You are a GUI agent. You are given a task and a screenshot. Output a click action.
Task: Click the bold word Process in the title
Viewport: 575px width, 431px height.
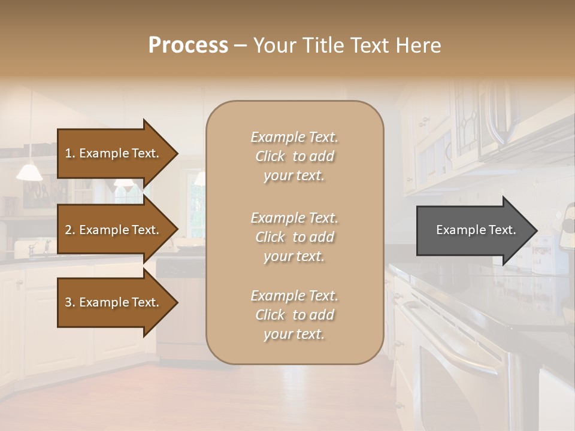[x=188, y=45]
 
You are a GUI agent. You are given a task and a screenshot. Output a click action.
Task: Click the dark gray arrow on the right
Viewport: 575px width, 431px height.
[x=473, y=230]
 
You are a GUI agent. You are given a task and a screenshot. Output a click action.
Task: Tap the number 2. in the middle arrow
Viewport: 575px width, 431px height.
[x=70, y=230]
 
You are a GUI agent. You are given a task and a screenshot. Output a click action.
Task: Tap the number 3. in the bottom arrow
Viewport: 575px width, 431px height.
[x=70, y=302]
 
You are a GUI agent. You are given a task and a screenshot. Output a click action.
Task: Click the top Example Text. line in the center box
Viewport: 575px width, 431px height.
[x=294, y=137]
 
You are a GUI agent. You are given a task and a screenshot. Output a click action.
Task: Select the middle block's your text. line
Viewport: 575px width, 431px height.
[x=294, y=256]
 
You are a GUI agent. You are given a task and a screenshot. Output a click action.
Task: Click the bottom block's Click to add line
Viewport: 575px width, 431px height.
[x=294, y=315]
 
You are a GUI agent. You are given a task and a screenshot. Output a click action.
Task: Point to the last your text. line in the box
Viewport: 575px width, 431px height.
[x=294, y=334]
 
